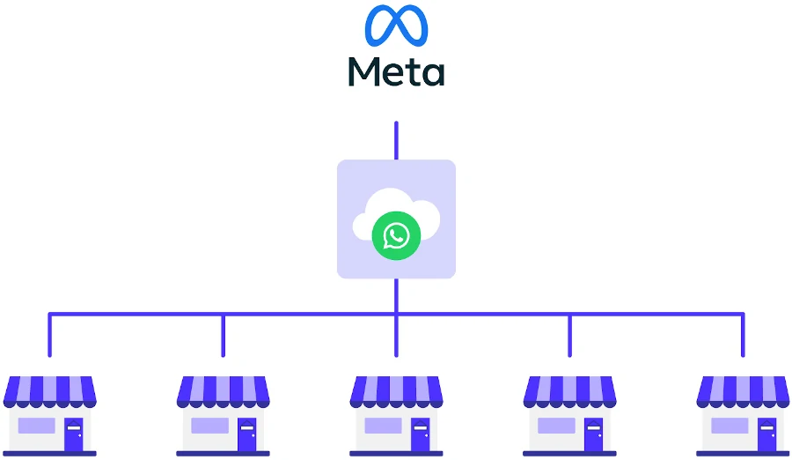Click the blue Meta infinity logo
click(x=396, y=26)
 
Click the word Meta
click(x=396, y=70)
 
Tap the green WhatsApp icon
click(x=396, y=235)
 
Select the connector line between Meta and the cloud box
click(x=396, y=140)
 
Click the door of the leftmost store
click(x=73, y=434)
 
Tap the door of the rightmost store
click(x=766, y=434)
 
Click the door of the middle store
click(x=420, y=434)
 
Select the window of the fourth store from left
click(x=556, y=427)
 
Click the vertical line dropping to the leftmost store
click(x=49, y=337)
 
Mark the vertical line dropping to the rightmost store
click(x=743, y=337)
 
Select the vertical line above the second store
click(x=223, y=337)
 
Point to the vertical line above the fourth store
click(x=569, y=337)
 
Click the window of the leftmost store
click(x=36, y=427)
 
